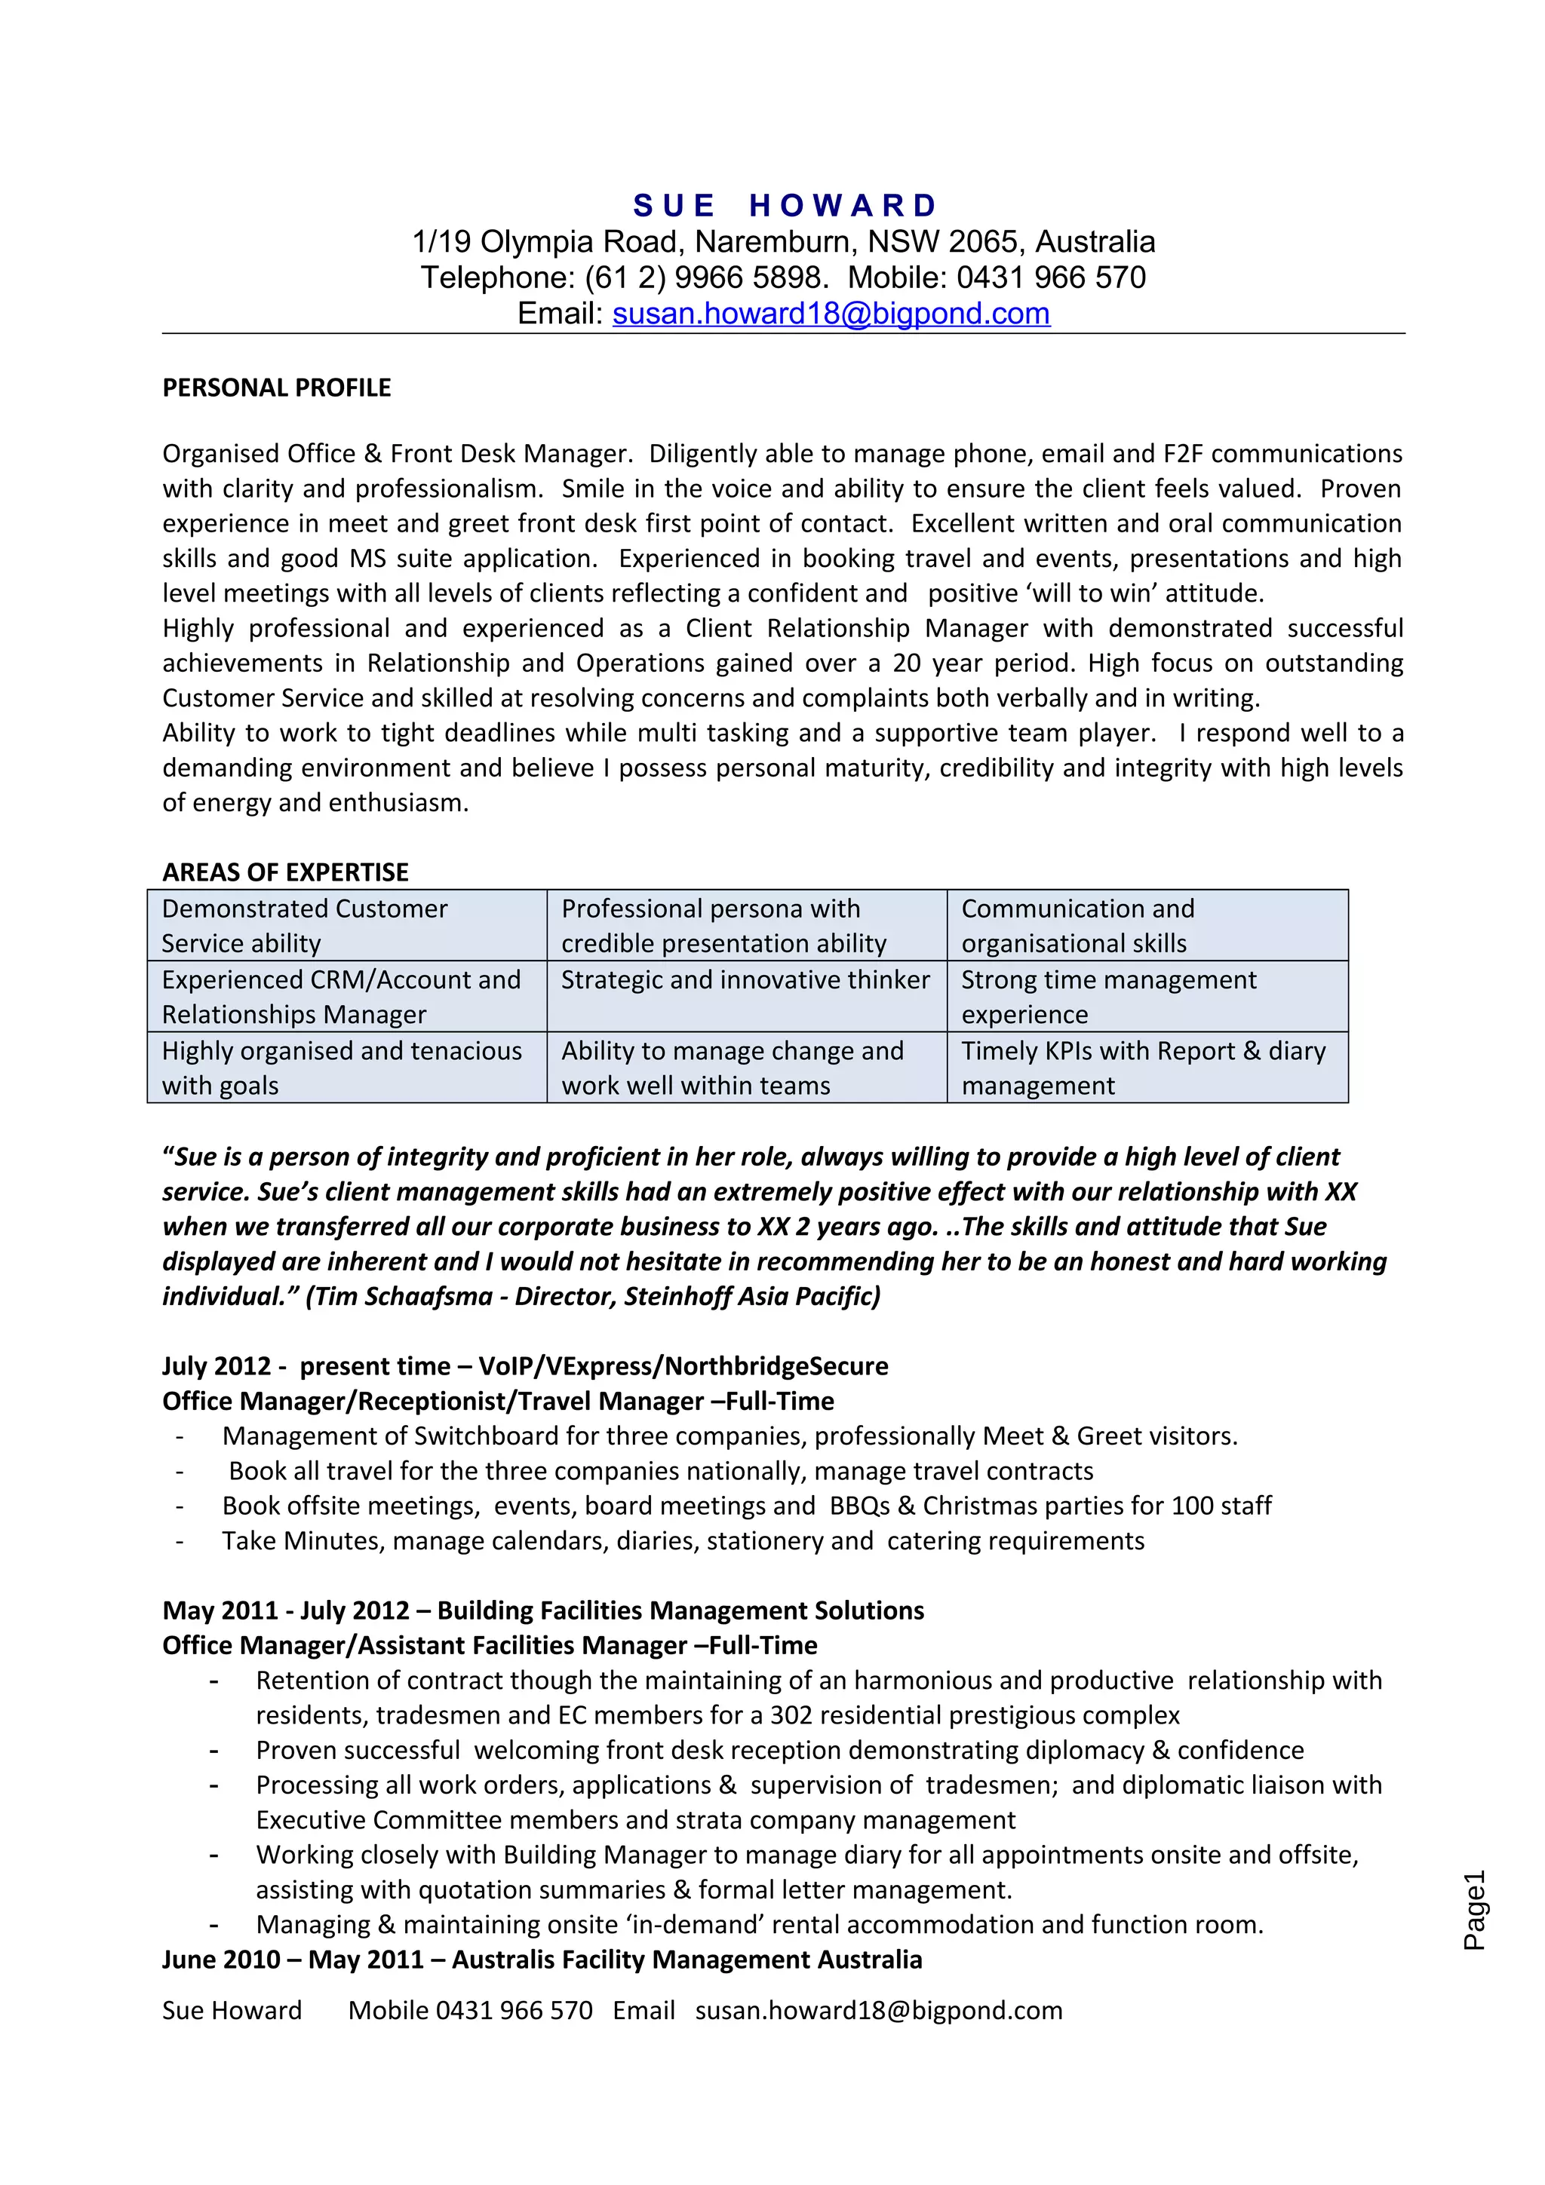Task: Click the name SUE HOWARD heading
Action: tap(785, 206)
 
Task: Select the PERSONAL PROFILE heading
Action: tap(276, 388)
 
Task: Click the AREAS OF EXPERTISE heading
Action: tap(284, 872)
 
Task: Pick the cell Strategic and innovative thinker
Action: tap(745, 980)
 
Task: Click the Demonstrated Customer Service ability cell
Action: tap(304, 925)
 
